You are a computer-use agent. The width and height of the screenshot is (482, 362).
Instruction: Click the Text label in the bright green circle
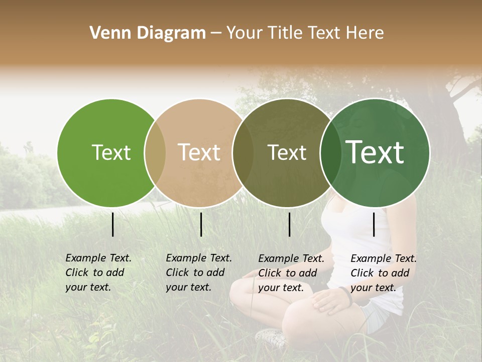(x=111, y=152)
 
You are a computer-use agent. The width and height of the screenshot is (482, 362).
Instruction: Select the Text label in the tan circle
(x=199, y=152)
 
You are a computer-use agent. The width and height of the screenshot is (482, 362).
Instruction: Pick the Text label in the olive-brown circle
(x=287, y=152)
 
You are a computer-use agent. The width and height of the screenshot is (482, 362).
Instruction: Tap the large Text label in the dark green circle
(x=375, y=152)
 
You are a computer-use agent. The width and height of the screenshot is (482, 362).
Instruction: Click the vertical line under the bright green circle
(x=112, y=224)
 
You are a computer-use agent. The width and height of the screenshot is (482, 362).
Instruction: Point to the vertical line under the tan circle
(x=201, y=224)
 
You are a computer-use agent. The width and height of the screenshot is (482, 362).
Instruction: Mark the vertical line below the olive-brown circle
(x=289, y=224)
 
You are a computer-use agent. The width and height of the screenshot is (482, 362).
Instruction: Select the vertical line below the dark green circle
(x=374, y=224)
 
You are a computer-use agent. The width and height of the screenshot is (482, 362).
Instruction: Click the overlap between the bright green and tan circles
(x=155, y=153)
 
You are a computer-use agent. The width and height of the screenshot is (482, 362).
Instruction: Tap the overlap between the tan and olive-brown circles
(x=243, y=153)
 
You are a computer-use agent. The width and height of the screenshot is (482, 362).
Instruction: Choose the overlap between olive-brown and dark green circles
(x=331, y=153)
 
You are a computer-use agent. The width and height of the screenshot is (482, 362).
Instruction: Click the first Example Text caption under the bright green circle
(x=98, y=273)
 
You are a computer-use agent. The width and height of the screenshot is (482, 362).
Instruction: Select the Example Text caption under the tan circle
(x=198, y=273)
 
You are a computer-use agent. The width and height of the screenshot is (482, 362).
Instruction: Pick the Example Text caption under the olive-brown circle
(x=291, y=273)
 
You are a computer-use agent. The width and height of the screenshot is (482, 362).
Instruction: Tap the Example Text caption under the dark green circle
(x=383, y=273)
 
